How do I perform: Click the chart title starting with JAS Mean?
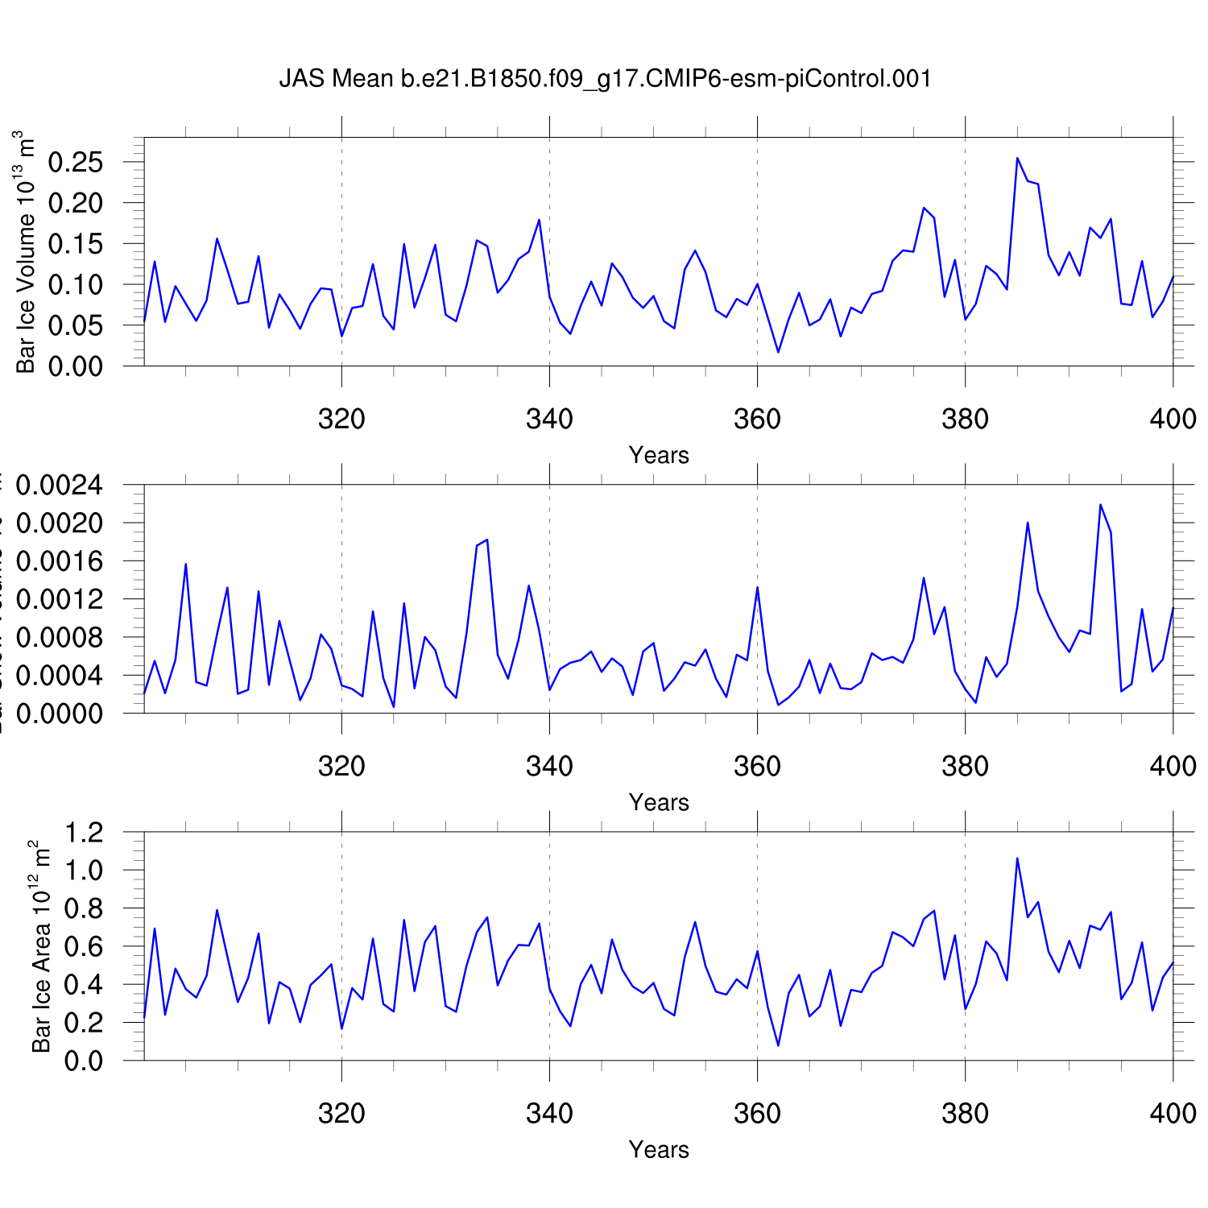click(605, 79)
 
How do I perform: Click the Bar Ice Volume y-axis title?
click(27, 252)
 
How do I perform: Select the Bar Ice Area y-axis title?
click(41, 946)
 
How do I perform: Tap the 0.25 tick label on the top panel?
click(76, 162)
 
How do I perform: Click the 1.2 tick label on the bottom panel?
click(84, 832)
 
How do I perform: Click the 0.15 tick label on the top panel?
click(76, 244)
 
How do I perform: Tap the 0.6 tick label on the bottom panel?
click(84, 946)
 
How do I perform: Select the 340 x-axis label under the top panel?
click(549, 419)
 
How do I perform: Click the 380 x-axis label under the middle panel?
click(965, 766)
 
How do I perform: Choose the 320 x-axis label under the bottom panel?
click(341, 1113)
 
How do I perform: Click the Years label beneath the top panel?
click(659, 455)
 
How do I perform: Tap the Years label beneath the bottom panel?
click(659, 1149)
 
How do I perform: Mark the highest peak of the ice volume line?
click(1017, 158)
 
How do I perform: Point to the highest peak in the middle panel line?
click(1100, 505)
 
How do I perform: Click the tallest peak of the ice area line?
click(1017, 858)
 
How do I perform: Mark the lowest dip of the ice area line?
click(778, 1045)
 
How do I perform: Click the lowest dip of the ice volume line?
click(778, 352)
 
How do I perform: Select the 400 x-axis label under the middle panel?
click(1173, 766)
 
